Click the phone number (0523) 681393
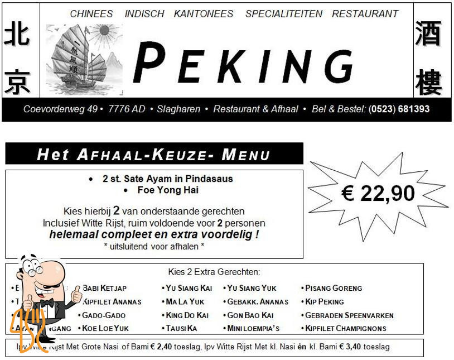399,109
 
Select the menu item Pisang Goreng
334,289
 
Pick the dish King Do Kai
187,315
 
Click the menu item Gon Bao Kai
250,315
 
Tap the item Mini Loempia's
253,329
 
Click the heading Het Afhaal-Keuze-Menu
153,154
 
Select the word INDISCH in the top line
144,14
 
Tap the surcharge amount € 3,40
352,347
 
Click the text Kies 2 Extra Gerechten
214,272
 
